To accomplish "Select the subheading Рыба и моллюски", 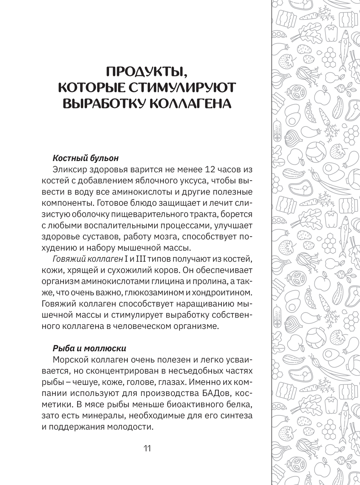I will click(x=89, y=348).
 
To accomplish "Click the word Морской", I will click(x=70, y=360).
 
